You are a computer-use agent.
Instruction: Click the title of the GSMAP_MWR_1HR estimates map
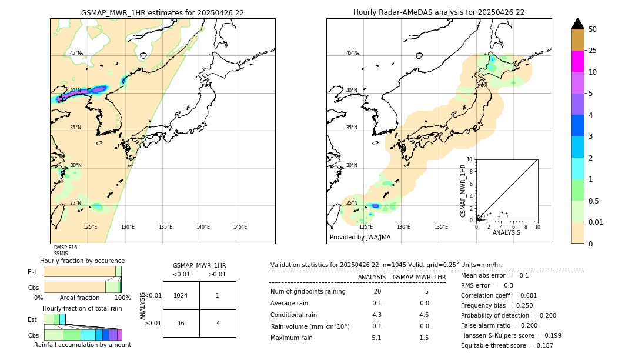(x=162, y=12)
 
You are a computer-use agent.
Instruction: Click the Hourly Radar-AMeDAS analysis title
(x=439, y=12)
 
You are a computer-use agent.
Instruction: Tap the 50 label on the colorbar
(x=593, y=29)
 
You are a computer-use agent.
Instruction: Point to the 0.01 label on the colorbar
(x=596, y=222)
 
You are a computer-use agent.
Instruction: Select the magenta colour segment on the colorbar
(x=577, y=61)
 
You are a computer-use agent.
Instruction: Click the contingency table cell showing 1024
(x=181, y=295)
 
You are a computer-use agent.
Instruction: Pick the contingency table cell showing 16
(x=181, y=323)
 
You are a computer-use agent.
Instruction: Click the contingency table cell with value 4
(x=218, y=323)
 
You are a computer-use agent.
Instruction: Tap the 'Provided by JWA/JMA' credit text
(x=360, y=238)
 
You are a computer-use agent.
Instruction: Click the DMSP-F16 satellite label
(x=65, y=248)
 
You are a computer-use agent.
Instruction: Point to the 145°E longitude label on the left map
(x=240, y=227)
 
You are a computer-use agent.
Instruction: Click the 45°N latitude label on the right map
(x=352, y=53)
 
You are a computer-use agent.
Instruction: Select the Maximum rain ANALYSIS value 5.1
(x=377, y=338)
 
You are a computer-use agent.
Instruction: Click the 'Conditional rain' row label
(x=294, y=315)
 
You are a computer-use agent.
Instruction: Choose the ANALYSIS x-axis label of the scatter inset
(x=506, y=232)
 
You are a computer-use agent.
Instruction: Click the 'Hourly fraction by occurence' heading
(x=82, y=261)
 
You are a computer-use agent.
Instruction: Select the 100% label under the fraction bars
(x=122, y=298)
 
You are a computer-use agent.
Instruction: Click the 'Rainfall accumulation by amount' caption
(x=82, y=345)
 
